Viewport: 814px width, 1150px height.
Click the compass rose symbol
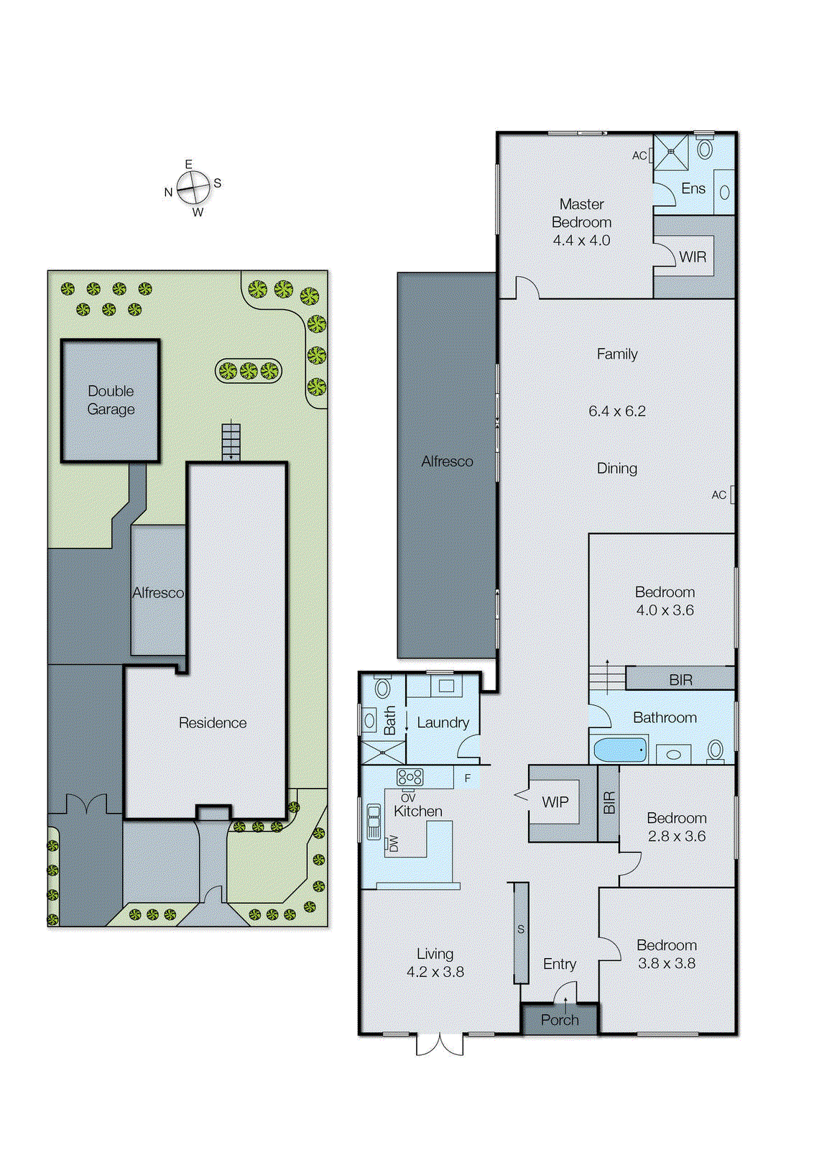tap(193, 188)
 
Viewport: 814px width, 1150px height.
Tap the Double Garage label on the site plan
tap(111, 400)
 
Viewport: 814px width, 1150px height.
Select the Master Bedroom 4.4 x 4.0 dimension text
tap(581, 241)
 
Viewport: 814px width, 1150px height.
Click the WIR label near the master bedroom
tap(693, 257)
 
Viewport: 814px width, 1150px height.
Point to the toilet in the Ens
tap(705, 149)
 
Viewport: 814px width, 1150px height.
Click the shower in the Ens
tap(670, 152)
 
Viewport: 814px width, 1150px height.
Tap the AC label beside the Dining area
tap(718, 495)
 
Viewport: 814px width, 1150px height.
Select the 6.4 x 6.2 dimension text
tap(616, 411)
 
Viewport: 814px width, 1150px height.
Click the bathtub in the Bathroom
tap(619, 750)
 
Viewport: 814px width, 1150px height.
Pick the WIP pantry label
tap(555, 802)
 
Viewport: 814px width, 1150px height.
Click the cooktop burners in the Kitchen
tap(410, 777)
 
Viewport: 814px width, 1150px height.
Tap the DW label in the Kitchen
tap(393, 843)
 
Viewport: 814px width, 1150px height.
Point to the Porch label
tap(560, 1020)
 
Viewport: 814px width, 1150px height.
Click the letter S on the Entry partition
tap(521, 929)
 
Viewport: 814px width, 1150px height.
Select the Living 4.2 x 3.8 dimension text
tap(435, 972)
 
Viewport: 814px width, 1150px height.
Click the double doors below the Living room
tap(440, 1044)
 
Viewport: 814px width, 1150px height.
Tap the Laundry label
tap(443, 723)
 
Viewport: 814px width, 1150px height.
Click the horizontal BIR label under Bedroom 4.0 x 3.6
tap(680, 680)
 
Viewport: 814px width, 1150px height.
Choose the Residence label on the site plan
tap(213, 723)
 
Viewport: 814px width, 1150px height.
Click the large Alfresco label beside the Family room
tap(447, 461)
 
